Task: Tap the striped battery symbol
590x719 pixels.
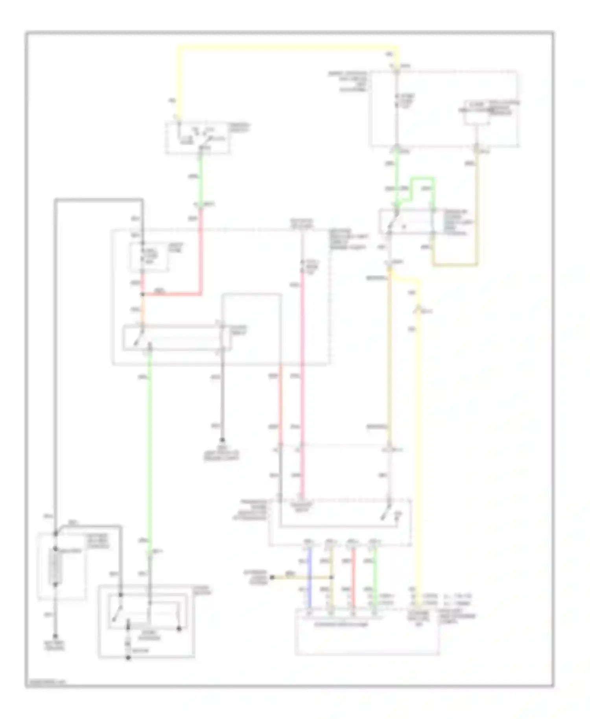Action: tap(55, 566)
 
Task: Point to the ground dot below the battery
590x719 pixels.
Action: tap(55, 636)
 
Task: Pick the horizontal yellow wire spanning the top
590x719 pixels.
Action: tap(287, 48)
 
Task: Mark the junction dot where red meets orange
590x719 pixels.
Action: tap(143, 294)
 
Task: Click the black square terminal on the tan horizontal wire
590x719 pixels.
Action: tap(272, 577)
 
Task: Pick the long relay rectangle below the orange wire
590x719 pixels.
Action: tap(177, 337)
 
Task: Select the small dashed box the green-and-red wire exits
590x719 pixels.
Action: tap(198, 138)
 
